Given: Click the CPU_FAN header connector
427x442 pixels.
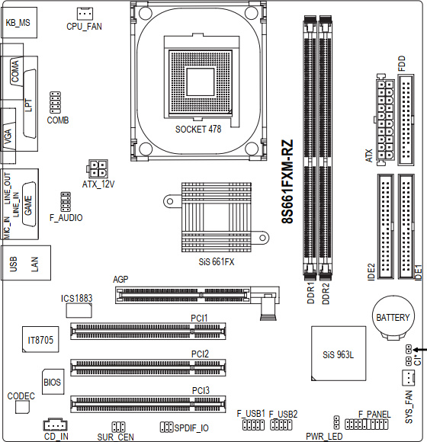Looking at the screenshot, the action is pyautogui.click(x=85, y=13).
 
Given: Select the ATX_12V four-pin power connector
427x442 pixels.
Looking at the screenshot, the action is pyautogui.click(x=97, y=168).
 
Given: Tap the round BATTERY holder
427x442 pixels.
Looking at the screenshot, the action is pyautogui.click(x=393, y=318).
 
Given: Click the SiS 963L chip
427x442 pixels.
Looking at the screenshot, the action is pyautogui.click(x=339, y=354).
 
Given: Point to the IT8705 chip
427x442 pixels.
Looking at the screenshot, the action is pyautogui.click(x=40, y=339).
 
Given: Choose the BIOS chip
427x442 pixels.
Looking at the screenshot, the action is pyautogui.click(x=53, y=382).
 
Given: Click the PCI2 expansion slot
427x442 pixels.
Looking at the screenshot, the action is pyautogui.click(x=148, y=367).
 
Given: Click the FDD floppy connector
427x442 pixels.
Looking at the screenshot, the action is pyautogui.click(x=406, y=120).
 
